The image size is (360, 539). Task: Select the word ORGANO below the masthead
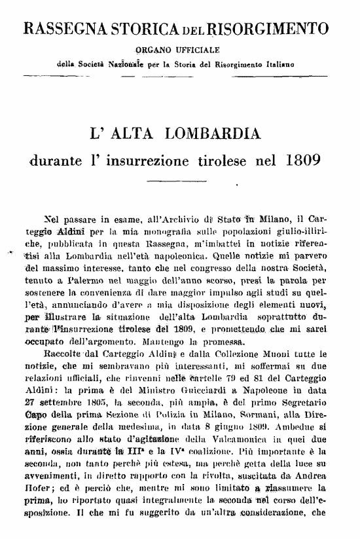[153, 49]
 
